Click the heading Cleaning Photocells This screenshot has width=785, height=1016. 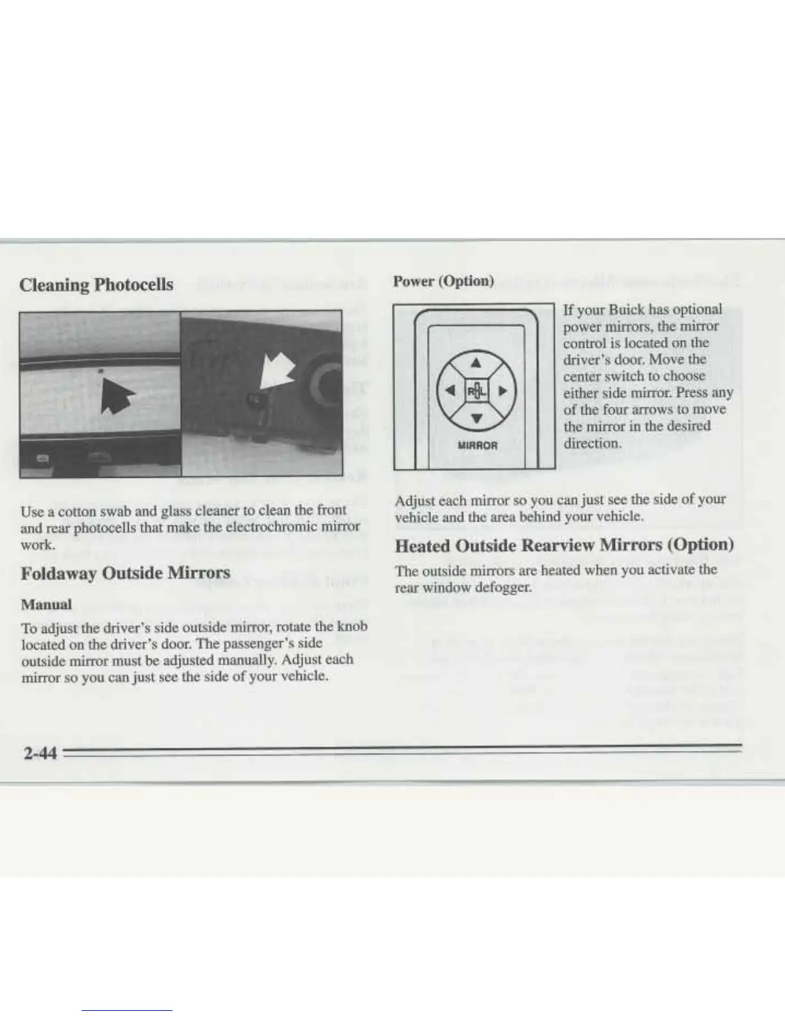(x=96, y=285)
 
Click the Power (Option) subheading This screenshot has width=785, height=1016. (x=443, y=281)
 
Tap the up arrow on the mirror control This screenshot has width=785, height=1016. (x=476, y=362)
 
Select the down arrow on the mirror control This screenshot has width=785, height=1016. (x=476, y=418)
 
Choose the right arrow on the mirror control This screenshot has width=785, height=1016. (x=503, y=390)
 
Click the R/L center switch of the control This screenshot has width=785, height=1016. (x=476, y=390)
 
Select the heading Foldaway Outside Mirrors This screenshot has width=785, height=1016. (x=125, y=573)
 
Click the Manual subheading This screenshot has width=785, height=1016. (x=46, y=604)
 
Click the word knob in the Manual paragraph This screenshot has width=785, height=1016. (x=352, y=626)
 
